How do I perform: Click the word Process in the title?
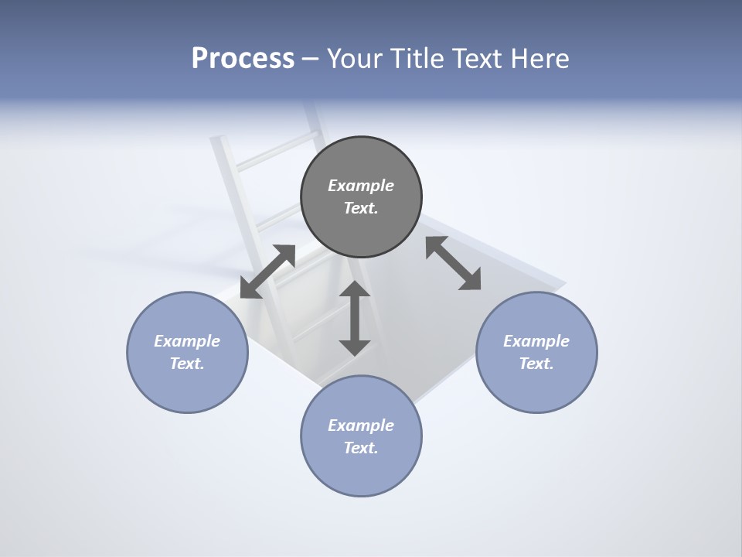pyautogui.click(x=243, y=59)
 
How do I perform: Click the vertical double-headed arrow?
pyautogui.click(x=354, y=318)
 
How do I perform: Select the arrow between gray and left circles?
pyautogui.click(x=267, y=272)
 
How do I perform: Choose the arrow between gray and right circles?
pyautogui.click(x=454, y=263)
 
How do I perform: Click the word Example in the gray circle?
pyautogui.click(x=361, y=186)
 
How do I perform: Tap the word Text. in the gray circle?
pyautogui.click(x=361, y=208)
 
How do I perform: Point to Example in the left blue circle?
pyautogui.click(x=187, y=341)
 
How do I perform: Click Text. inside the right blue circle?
pyautogui.click(x=536, y=364)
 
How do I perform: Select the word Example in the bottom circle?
pyautogui.click(x=361, y=425)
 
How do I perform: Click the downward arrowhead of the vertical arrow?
pyautogui.click(x=354, y=347)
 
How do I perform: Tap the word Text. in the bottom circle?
pyautogui.click(x=361, y=448)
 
